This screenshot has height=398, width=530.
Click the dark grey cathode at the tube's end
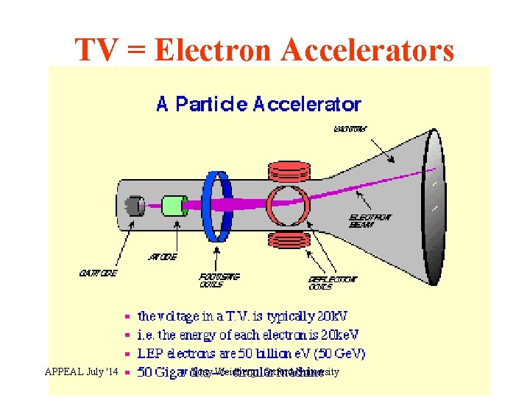point(134,206)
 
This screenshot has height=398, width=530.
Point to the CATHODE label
point(97,273)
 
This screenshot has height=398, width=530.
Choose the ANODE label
point(162,257)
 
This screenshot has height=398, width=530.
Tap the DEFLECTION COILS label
point(332,283)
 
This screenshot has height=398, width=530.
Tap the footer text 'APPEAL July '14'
point(81,372)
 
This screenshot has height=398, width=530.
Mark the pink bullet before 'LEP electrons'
point(127,355)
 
